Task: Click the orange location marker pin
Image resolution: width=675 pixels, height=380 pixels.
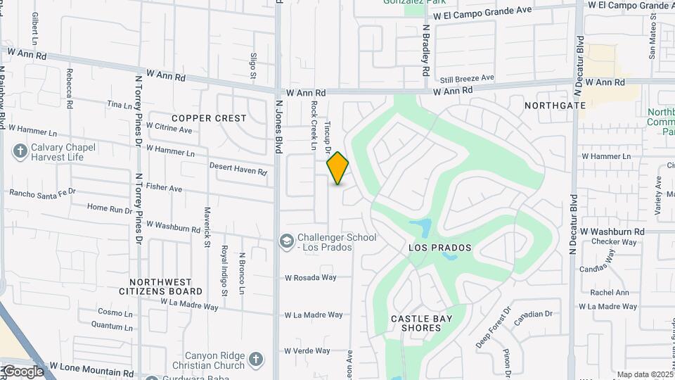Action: (338, 168)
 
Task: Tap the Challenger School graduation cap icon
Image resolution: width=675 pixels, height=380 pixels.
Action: (287, 241)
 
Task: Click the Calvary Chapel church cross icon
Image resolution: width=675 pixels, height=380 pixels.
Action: (20, 151)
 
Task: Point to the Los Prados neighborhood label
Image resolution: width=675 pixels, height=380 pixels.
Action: (439, 248)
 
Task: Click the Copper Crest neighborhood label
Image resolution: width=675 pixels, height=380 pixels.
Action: (209, 118)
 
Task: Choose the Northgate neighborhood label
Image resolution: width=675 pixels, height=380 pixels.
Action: (555, 106)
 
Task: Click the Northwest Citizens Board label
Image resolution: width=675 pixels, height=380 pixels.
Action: (160, 286)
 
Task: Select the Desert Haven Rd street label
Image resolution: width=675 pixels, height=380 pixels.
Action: (238, 169)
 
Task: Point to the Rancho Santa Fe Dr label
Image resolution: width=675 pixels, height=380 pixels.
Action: (42, 192)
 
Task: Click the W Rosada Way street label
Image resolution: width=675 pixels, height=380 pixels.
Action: (310, 278)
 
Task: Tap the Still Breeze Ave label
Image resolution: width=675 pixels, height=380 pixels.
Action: (467, 78)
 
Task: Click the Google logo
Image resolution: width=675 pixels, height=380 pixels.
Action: (22, 372)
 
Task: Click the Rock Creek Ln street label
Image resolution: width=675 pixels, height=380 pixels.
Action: (314, 124)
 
